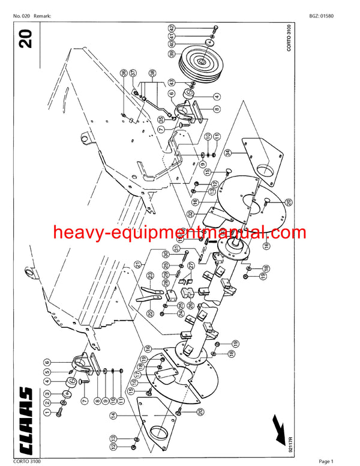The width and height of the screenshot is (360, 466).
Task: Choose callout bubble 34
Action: coord(227,153)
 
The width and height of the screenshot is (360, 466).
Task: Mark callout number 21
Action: coord(137,264)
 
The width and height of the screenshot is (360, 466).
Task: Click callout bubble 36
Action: coord(122,73)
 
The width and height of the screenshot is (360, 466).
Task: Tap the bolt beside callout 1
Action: coord(60,413)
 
